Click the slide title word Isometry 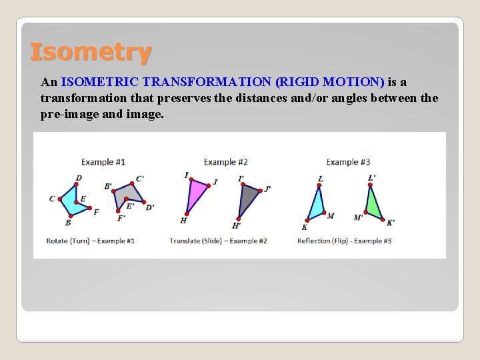click(x=91, y=51)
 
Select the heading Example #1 click(x=103, y=162)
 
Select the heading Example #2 click(x=225, y=162)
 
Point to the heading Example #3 click(x=348, y=162)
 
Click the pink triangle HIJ click(x=197, y=194)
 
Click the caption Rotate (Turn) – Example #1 click(x=90, y=241)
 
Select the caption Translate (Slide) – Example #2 click(x=218, y=241)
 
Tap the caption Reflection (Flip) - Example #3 click(x=344, y=241)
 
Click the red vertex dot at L click(x=319, y=185)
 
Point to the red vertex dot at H click(x=187, y=214)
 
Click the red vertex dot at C click(x=60, y=199)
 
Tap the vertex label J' click(x=267, y=188)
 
